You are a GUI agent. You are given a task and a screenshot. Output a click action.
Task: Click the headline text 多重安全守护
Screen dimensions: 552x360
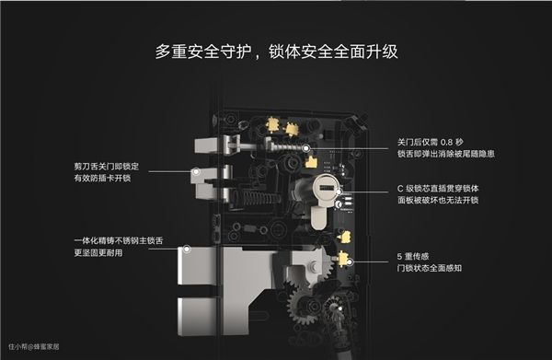(x=203, y=52)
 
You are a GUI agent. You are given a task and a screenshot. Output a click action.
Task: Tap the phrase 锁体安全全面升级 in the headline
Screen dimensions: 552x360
(x=333, y=52)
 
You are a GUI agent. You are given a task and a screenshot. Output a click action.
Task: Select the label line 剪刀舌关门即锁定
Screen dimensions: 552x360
(x=107, y=167)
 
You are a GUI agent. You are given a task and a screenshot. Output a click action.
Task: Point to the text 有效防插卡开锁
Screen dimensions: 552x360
(x=102, y=179)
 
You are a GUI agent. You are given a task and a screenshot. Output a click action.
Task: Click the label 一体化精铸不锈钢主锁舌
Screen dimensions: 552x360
(x=119, y=241)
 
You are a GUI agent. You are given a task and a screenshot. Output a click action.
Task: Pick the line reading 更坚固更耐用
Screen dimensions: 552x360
(x=98, y=253)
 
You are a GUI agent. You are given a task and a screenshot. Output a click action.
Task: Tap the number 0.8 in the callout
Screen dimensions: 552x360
(x=446, y=143)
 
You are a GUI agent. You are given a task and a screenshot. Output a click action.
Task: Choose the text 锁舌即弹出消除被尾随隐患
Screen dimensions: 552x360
(x=446, y=154)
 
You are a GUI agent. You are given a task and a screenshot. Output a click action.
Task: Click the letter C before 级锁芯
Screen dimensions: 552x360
(x=400, y=189)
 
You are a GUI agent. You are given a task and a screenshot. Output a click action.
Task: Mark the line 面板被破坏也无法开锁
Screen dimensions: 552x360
(x=438, y=201)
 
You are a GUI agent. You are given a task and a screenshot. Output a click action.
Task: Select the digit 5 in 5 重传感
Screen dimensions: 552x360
(x=399, y=257)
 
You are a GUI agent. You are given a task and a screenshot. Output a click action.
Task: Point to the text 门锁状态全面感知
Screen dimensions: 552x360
(x=430, y=268)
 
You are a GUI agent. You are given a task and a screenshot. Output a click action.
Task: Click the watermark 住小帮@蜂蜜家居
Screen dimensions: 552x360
(x=34, y=346)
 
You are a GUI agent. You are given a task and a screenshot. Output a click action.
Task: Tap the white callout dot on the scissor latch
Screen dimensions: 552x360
(x=197, y=172)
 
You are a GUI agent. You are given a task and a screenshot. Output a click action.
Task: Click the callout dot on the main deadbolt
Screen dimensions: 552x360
(x=187, y=249)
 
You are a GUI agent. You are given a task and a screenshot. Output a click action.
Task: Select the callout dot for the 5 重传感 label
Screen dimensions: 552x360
(x=350, y=262)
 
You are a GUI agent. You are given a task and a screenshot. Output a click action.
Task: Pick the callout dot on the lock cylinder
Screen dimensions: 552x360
(x=339, y=192)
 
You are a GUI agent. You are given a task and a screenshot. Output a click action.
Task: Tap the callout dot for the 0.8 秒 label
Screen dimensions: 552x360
(x=306, y=148)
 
